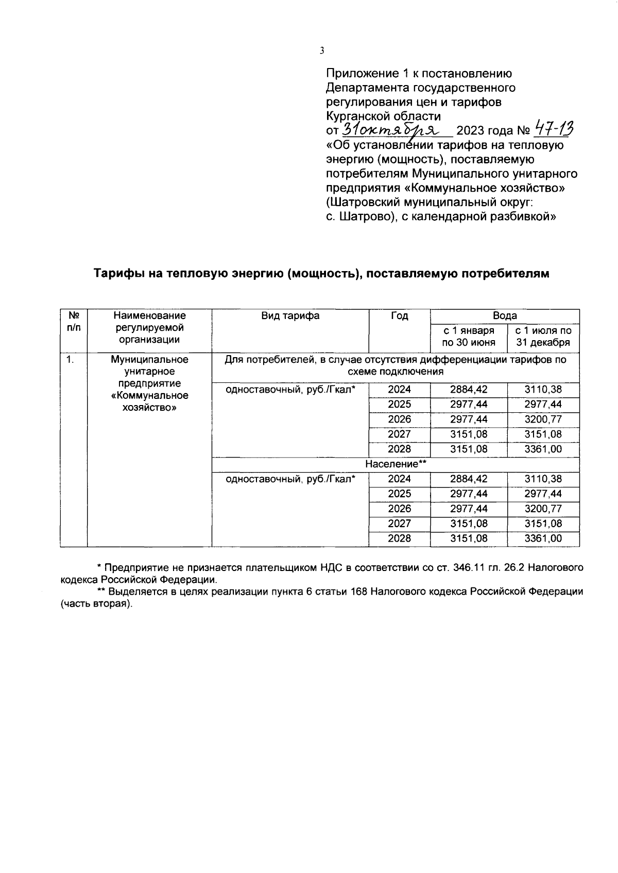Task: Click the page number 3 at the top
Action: click(x=322, y=51)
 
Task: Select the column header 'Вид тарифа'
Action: click(x=290, y=316)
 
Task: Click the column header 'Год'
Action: click(x=399, y=316)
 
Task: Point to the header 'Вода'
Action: click(x=504, y=316)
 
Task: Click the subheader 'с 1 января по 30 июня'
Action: click(x=469, y=337)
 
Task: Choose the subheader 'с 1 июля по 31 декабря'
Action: click(x=543, y=337)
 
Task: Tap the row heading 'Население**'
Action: click(x=396, y=464)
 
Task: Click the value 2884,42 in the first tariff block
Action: click(x=469, y=390)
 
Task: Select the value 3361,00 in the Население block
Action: click(x=543, y=539)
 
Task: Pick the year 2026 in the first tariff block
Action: click(x=399, y=419)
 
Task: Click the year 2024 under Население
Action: click(x=399, y=479)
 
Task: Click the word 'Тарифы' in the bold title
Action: click(x=118, y=274)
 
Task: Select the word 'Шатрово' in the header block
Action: click(x=365, y=217)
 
